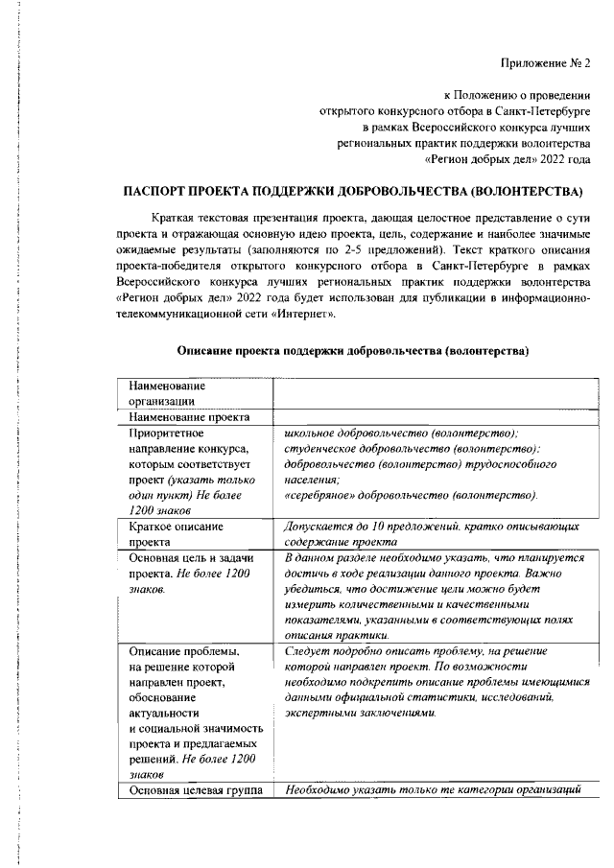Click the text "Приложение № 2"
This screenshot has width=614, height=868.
(546, 63)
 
